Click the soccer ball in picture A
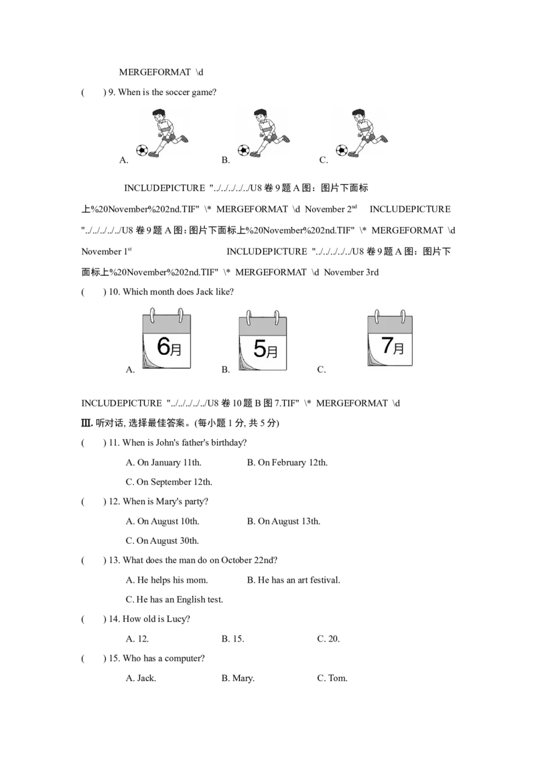pos(142,150)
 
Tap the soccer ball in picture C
pos(342,150)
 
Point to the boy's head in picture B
pos(260,115)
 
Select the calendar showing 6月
pos(166,338)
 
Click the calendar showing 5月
pos(263,341)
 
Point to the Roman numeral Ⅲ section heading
pos(86,423)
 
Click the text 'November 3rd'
pos(351,272)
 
